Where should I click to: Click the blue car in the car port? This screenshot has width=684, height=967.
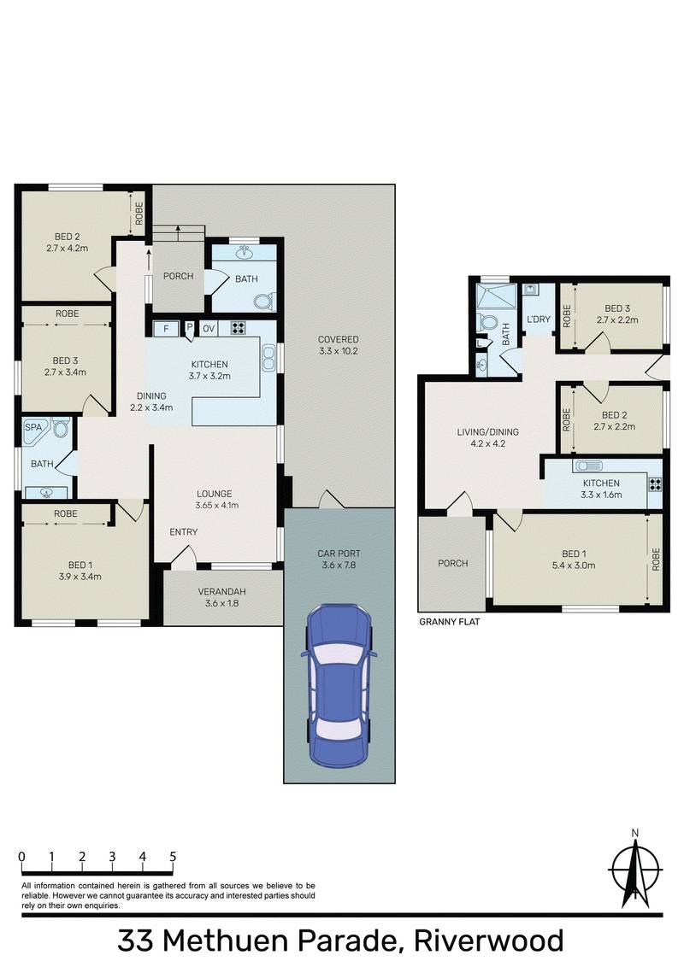[x=340, y=683]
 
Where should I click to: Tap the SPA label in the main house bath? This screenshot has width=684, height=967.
[x=33, y=425]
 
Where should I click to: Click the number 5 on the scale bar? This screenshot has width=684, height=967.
[x=173, y=857]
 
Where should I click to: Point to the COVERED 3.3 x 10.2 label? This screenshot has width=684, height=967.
[x=338, y=345]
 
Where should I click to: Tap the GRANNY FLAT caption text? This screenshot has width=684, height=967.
[x=449, y=623]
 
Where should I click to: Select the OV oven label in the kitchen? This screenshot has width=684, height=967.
[x=209, y=328]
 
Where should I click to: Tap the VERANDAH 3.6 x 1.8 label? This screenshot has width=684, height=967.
[x=222, y=598]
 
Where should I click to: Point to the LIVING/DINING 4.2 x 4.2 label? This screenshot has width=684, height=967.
[x=487, y=437]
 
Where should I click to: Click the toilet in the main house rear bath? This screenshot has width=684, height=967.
[x=266, y=301]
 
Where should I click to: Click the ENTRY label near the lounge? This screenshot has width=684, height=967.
[x=183, y=532]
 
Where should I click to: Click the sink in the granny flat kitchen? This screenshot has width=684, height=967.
[x=589, y=466]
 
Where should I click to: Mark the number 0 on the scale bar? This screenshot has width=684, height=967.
[x=21, y=857]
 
